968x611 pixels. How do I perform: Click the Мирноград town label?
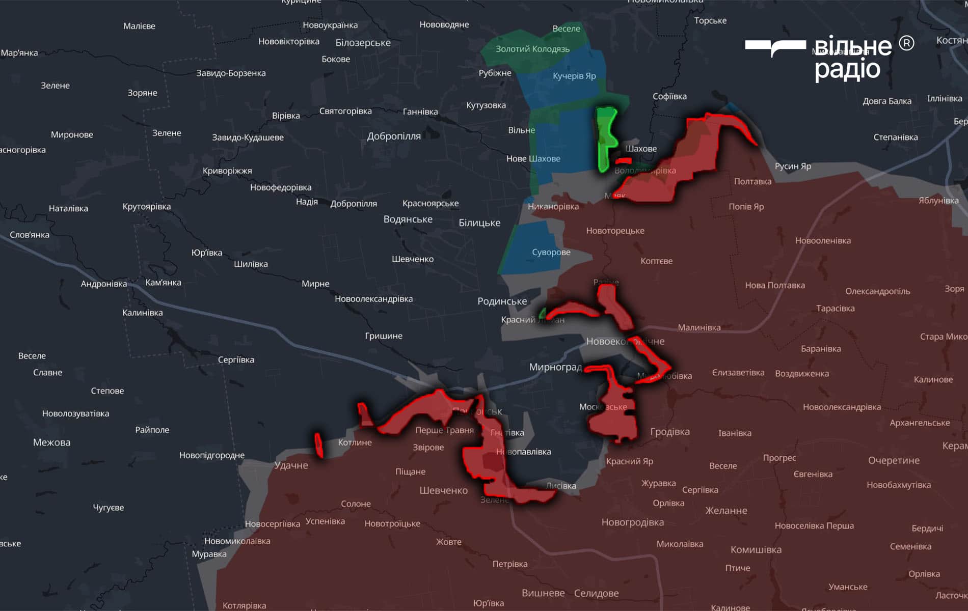click(x=555, y=367)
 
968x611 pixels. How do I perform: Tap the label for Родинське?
click(x=502, y=301)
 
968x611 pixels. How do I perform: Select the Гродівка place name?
click(x=669, y=432)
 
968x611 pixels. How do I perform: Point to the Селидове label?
click(x=596, y=593)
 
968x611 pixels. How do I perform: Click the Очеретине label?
click(x=894, y=460)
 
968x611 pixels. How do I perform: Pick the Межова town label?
click(x=51, y=442)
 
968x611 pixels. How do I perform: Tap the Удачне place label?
click(x=291, y=465)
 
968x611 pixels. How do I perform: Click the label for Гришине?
click(x=383, y=336)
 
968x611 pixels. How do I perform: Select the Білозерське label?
click(x=363, y=43)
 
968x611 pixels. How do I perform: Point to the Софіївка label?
click(x=669, y=96)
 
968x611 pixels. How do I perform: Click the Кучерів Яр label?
click(x=574, y=76)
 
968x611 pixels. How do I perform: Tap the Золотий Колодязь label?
click(x=532, y=49)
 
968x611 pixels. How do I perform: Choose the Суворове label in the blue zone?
click(x=551, y=252)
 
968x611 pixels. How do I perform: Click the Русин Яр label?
click(x=793, y=166)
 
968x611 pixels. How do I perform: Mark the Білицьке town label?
click(x=479, y=223)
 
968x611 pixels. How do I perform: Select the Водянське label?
click(x=408, y=219)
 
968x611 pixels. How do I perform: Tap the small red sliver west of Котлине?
click(x=319, y=445)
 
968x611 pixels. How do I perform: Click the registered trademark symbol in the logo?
click(x=906, y=43)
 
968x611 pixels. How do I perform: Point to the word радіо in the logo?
click(x=847, y=69)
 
